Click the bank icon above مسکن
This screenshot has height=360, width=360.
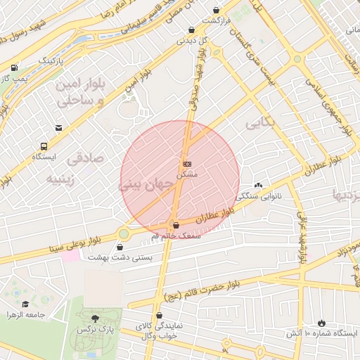click(x=186, y=163)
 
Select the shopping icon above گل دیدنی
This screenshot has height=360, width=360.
click(x=192, y=30)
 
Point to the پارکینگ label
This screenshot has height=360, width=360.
click(x=51, y=61)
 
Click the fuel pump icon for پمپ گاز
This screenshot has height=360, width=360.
click(x=15, y=67)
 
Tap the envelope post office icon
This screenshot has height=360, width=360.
click(x=58, y=128)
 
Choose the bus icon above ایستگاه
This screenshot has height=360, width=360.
click(x=44, y=146)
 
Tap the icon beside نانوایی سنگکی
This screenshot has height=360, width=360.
click(x=259, y=186)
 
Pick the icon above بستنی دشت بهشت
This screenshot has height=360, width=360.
click(x=121, y=247)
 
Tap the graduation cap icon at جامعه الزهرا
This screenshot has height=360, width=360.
click(x=25, y=304)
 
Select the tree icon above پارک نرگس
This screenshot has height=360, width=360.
click(x=96, y=318)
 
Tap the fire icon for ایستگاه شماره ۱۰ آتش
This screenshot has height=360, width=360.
click(x=323, y=321)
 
